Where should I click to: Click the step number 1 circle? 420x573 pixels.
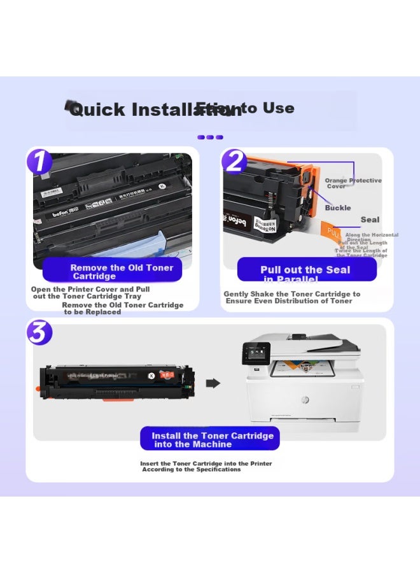click(x=39, y=161)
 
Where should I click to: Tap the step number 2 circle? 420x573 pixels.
click(x=235, y=161)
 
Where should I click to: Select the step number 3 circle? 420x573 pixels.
click(x=39, y=332)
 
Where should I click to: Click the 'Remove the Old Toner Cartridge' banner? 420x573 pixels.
click(x=113, y=271)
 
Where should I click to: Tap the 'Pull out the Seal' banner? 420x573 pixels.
click(x=306, y=270)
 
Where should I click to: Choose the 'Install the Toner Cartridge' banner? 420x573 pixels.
click(x=210, y=439)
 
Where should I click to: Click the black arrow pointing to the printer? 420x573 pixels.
click(x=214, y=383)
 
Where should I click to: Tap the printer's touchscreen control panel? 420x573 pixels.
click(x=257, y=351)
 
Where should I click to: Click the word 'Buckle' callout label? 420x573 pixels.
click(x=338, y=208)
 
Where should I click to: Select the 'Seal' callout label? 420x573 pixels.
click(x=370, y=220)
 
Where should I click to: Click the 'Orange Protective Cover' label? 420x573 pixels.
click(x=353, y=183)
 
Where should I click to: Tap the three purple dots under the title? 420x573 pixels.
click(x=210, y=137)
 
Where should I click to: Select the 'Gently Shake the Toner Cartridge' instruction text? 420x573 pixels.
click(x=291, y=297)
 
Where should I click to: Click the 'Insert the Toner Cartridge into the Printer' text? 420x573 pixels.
click(x=206, y=466)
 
